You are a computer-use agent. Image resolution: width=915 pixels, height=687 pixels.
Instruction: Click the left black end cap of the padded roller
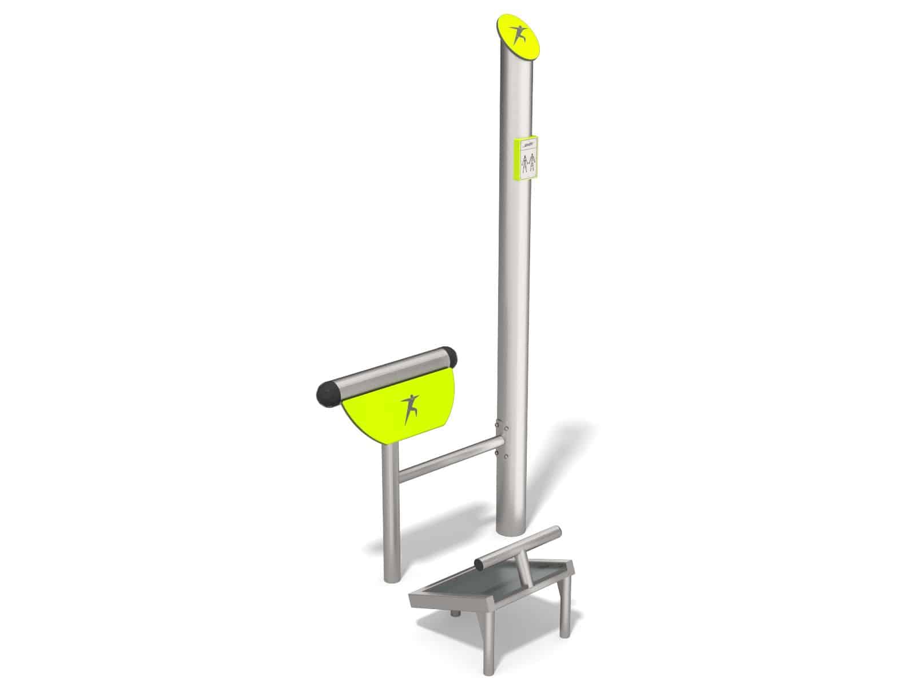pyautogui.click(x=328, y=394)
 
